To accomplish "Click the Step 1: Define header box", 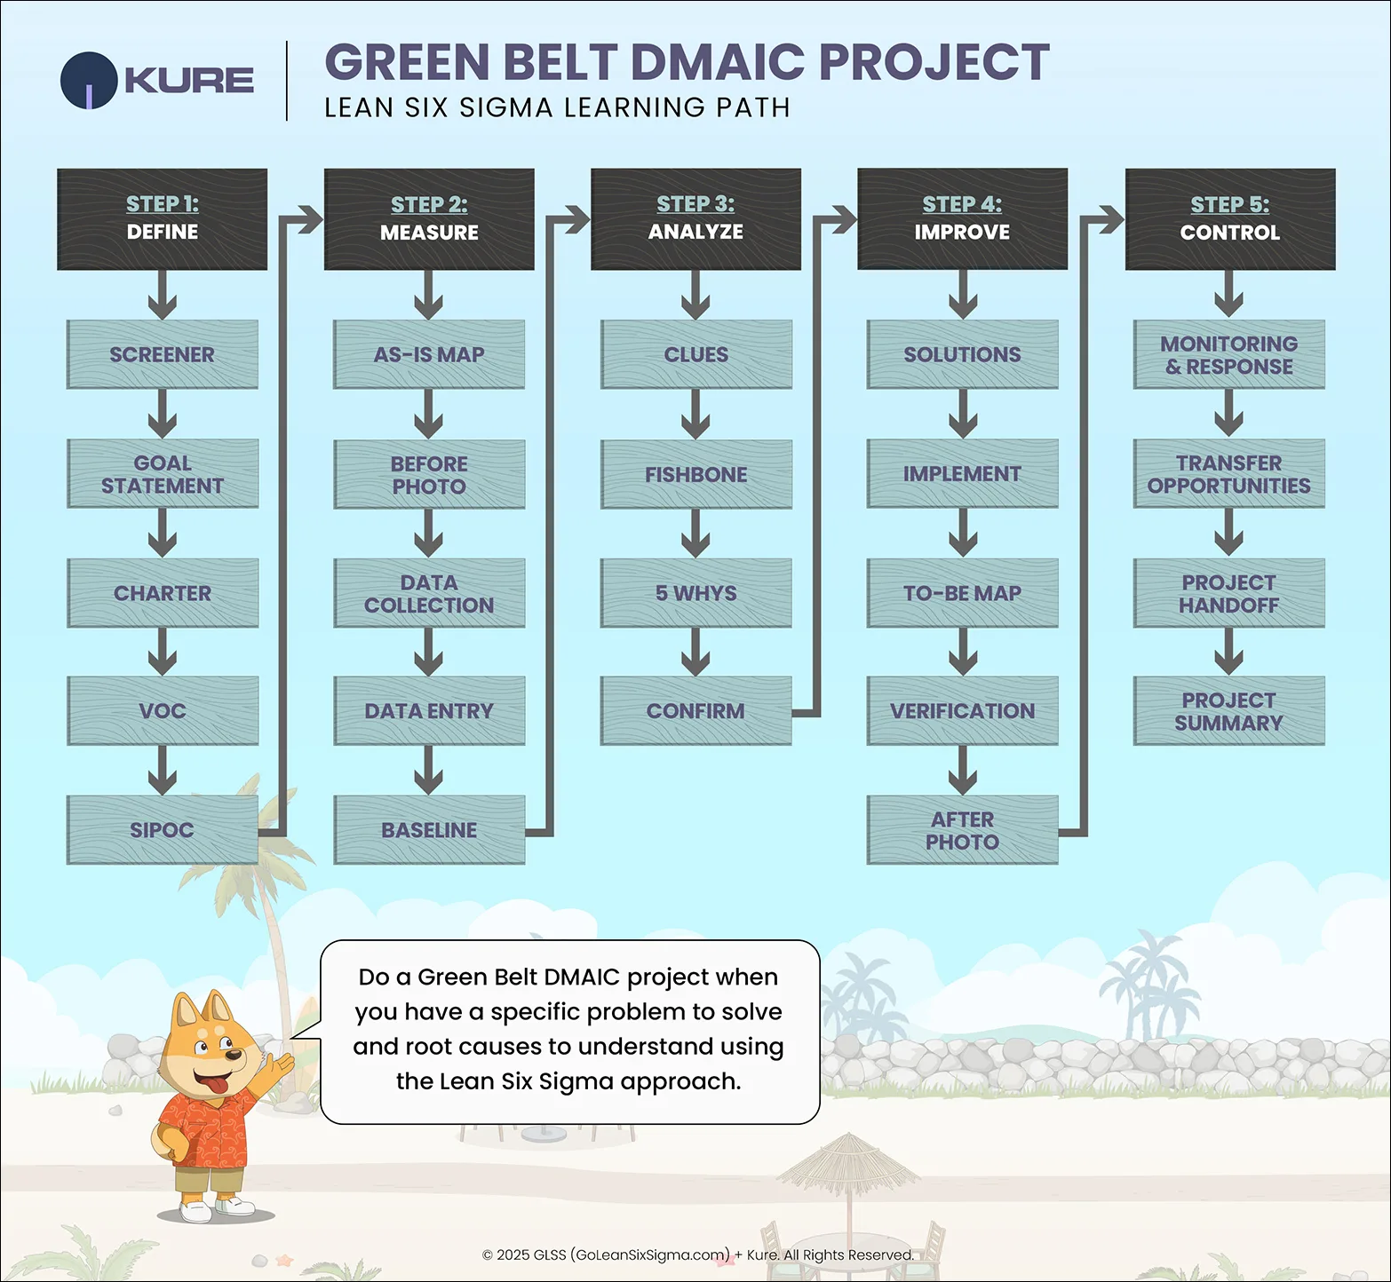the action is [162, 219].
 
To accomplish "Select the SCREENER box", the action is [162, 354].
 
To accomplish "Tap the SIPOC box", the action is [162, 830].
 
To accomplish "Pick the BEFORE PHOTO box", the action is [429, 474].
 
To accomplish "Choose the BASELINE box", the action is [429, 830].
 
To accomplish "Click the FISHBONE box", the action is [695, 474].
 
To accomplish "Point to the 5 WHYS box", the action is [695, 593].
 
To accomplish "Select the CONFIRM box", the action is [695, 711].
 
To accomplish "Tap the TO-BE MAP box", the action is [962, 593].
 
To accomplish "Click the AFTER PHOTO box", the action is [962, 830].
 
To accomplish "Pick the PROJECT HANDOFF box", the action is [1228, 593].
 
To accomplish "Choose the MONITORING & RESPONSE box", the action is [1228, 354].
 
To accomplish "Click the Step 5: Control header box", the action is [1230, 219].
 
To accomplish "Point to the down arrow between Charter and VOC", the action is [162, 652].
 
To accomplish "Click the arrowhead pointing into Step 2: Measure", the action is [310, 219].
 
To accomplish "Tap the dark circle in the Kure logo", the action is [89, 81].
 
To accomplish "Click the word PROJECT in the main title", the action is [934, 62].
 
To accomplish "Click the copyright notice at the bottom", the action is [697, 1254].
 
